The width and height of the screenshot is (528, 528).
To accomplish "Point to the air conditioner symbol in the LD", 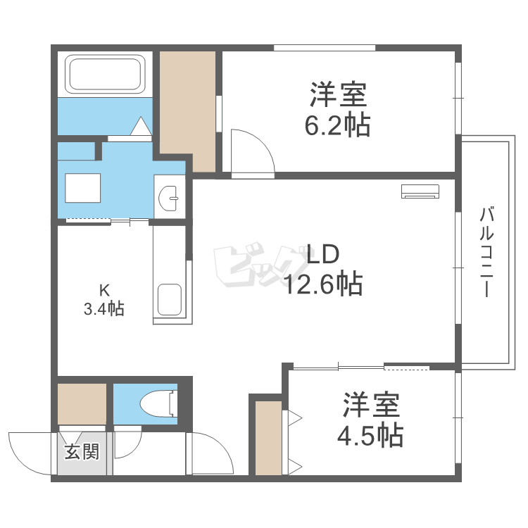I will point(420,190).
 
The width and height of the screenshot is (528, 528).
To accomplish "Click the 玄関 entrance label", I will point(82,452).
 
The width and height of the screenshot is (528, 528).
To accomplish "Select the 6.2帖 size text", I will point(337,125).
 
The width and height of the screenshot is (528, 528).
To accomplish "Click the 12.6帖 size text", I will point(323,283).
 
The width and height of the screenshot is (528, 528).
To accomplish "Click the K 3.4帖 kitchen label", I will point(105,299).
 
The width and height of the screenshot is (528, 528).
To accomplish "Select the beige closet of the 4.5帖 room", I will point(268,436).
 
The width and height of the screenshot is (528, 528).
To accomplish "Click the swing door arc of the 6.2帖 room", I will point(253,148).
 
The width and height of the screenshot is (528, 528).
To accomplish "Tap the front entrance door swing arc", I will point(28,451).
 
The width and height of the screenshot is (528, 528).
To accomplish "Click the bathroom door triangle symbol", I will point(141,126).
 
